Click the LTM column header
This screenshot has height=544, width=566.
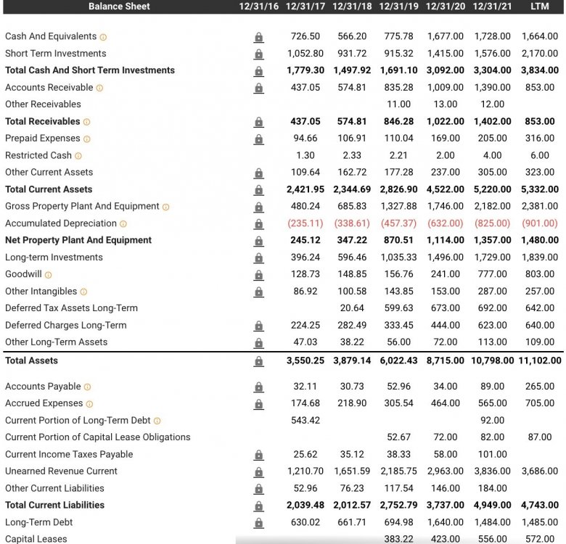coord(539,7)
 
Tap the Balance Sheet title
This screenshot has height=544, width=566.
coord(119,7)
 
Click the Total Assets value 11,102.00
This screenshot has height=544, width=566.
coord(538,360)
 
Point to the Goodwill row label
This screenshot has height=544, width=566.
coord(24,274)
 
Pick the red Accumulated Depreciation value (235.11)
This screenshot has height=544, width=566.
coord(305,223)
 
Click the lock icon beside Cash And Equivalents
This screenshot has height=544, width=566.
coord(258,37)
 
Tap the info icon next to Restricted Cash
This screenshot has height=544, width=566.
coord(78,156)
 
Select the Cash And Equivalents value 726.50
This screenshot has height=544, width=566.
coord(305,36)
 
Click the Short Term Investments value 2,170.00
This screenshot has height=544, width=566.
coord(540,54)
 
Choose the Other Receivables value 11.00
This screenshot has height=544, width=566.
coord(399,104)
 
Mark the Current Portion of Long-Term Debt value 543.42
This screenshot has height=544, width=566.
coord(305,421)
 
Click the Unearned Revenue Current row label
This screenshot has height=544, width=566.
coord(61,471)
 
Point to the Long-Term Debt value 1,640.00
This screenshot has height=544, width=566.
coord(445,522)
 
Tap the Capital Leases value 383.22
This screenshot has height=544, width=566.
coord(399,539)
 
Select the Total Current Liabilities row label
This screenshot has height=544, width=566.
coord(54,506)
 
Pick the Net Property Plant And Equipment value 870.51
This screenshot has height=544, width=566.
coord(399,240)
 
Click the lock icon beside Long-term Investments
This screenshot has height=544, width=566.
coord(258,257)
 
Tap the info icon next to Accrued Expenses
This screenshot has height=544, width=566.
coord(90,404)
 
